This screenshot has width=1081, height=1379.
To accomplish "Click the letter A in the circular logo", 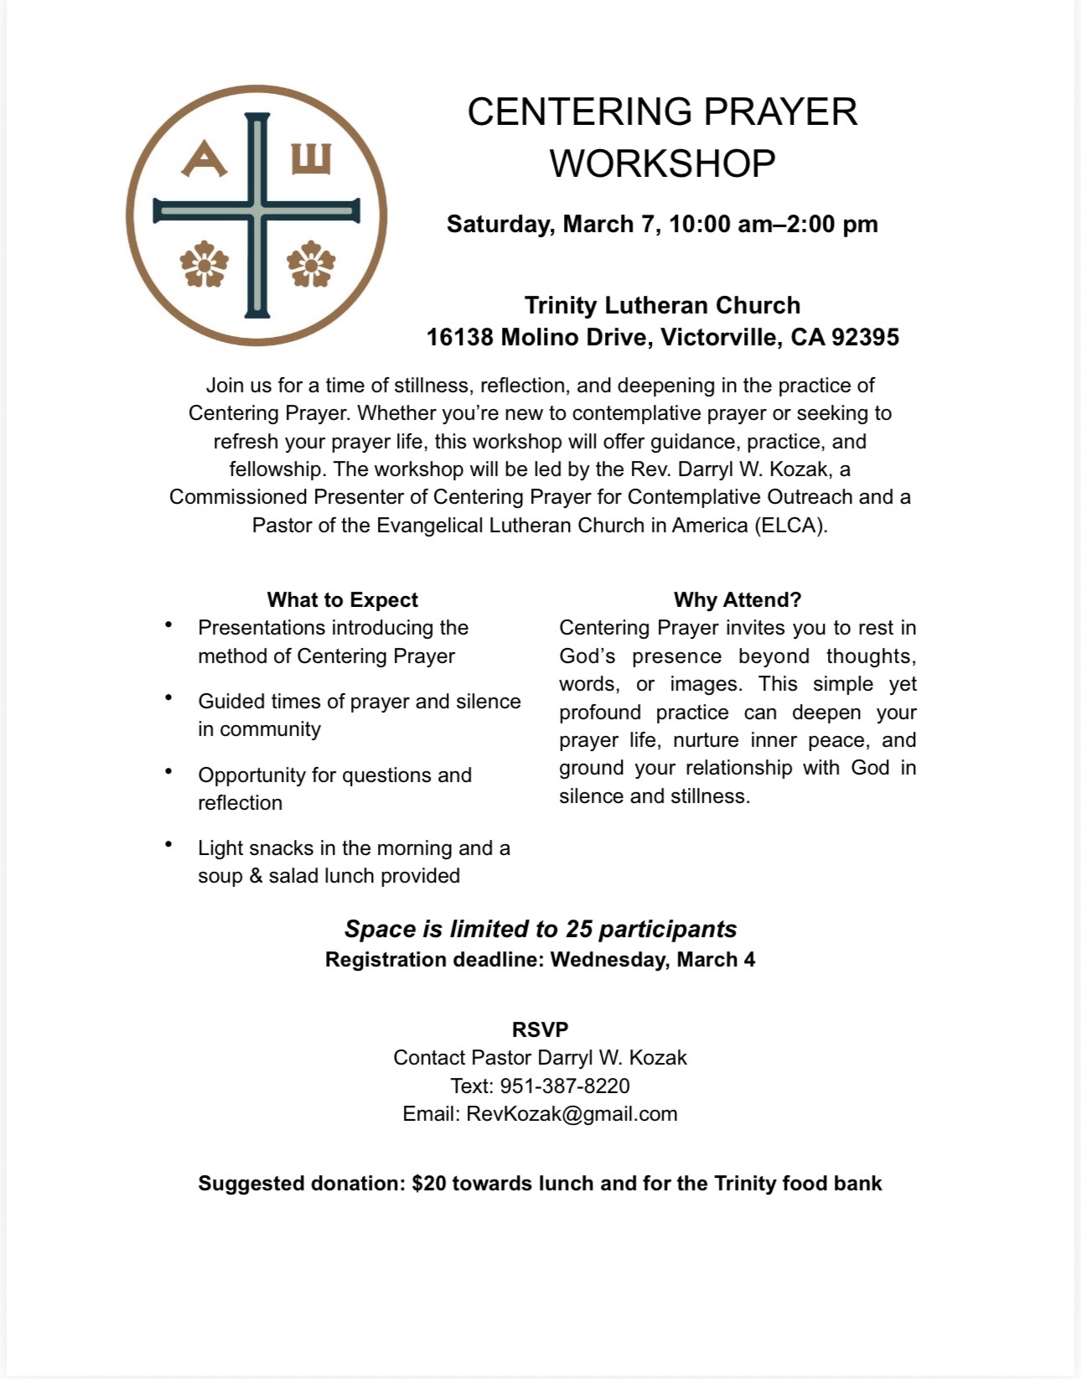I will (x=204, y=159).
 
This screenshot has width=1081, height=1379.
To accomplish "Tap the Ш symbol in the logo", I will (x=311, y=158).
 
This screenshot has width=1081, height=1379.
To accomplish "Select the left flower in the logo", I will (x=204, y=264).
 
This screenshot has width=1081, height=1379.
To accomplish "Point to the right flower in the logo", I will (x=311, y=264).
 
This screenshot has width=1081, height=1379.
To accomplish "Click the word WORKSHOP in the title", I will (x=662, y=163).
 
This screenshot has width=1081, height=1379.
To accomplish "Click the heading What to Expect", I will (x=342, y=600).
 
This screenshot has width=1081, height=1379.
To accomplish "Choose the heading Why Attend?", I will (x=737, y=600).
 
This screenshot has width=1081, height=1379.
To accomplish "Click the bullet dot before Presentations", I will (x=169, y=625).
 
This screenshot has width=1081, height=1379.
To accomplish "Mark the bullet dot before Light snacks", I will (x=169, y=844).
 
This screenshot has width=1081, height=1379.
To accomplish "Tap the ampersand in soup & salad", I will (x=256, y=876).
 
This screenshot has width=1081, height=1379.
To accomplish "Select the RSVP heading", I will (x=540, y=1029).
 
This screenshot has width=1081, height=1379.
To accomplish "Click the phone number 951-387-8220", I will (x=565, y=1086).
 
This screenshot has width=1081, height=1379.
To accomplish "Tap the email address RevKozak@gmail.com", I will (x=572, y=1114).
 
